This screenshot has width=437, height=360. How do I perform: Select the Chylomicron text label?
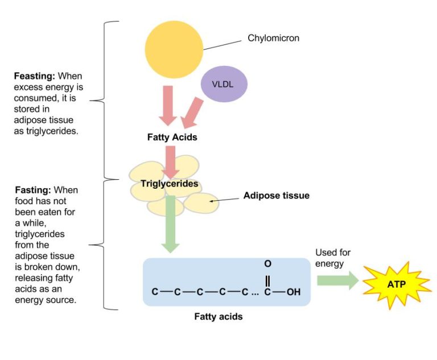pos(273,39)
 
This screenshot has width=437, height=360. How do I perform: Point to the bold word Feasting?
pos(35,76)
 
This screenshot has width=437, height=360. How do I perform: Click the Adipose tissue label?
pos(276,196)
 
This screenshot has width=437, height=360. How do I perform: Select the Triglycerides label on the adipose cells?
pos(170,184)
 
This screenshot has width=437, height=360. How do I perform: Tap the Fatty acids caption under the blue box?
pos(218,317)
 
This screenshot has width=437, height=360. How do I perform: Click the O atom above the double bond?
pos(267,264)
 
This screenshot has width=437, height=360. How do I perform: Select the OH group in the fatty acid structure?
pos(293,292)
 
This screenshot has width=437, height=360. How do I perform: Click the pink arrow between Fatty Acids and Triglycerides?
pos(170,160)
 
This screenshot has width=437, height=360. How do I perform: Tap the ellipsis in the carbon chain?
pos(254,293)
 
